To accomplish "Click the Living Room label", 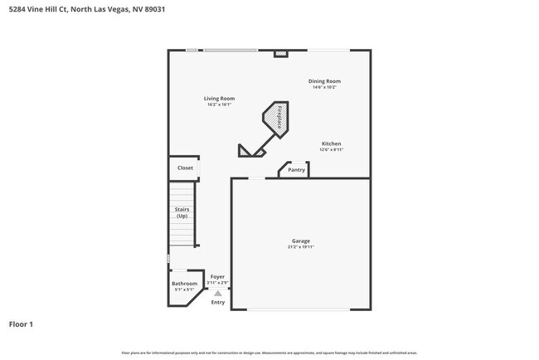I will [x=220, y=99].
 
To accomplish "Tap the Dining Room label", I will [x=324, y=80].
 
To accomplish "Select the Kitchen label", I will [x=331, y=144].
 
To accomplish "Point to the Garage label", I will [x=300, y=241].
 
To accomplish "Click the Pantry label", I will [x=296, y=170].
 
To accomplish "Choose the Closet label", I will [x=185, y=168].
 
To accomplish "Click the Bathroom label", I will [x=184, y=284].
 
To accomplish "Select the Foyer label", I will [x=217, y=277].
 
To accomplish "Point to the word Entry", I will [x=217, y=302].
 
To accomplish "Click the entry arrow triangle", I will [x=217, y=293].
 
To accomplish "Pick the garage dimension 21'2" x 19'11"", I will [x=300, y=247].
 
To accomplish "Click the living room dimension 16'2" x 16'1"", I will [x=220, y=105].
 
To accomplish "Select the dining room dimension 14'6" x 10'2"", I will [x=324, y=87].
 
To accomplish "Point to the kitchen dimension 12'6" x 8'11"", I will [x=331, y=150].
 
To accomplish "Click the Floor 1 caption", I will [x=21, y=324].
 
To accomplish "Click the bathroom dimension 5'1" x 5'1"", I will [x=184, y=289].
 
